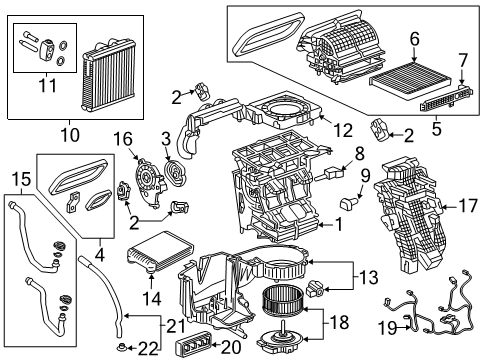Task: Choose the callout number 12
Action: (x=342, y=127)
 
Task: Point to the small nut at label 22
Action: (x=120, y=346)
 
